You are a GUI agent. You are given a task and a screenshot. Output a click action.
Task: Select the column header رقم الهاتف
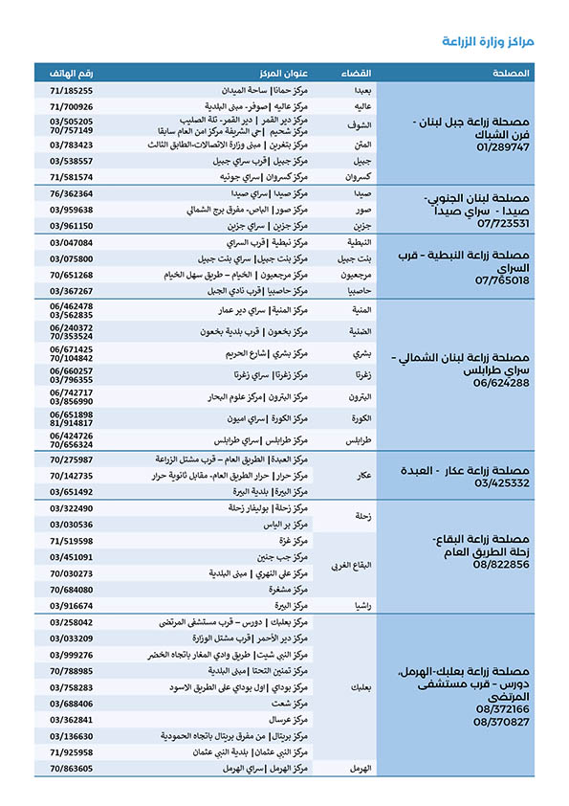pyautogui.click(x=72, y=73)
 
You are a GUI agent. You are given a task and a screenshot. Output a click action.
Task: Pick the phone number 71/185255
pyautogui.click(x=72, y=90)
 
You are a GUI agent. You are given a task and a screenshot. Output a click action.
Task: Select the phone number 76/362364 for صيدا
pyautogui.click(x=72, y=193)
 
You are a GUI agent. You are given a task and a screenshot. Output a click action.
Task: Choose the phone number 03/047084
pyautogui.click(x=72, y=243)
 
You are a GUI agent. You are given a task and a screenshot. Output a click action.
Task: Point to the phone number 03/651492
pyautogui.click(x=72, y=491)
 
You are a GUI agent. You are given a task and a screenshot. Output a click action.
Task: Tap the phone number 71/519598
pyautogui.click(x=72, y=541)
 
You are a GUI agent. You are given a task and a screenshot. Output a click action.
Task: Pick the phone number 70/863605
pyautogui.click(x=72, y=768)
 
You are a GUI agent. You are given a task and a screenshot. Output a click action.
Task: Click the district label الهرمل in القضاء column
pyautogui.click(x=360, y=769)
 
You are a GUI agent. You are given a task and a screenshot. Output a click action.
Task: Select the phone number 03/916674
pyautogui.click(x=72, y=606)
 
